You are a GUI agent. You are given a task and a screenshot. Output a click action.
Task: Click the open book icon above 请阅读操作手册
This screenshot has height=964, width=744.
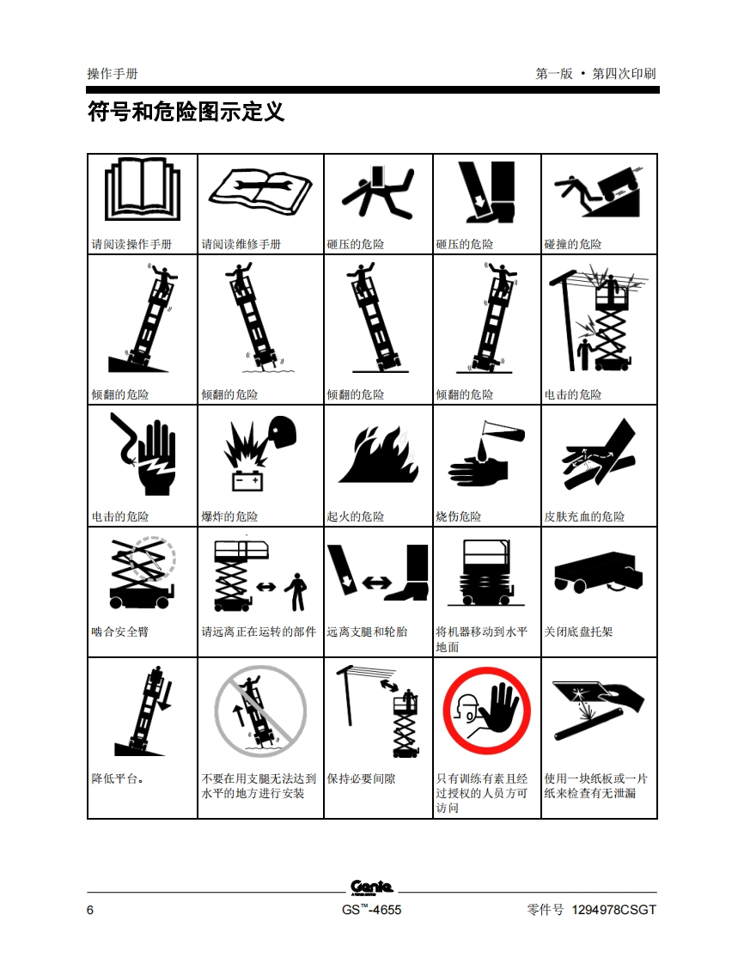click(143, 189)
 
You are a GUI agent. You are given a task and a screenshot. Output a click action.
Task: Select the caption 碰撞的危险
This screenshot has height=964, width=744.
click(572, 244)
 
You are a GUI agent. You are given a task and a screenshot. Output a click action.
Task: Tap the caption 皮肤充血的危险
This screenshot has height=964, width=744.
click(584, 516)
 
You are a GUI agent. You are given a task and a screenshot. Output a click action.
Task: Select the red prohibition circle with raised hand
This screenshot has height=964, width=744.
click(486, 711)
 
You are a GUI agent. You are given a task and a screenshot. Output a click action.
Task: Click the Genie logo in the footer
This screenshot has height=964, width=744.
click(371, 887)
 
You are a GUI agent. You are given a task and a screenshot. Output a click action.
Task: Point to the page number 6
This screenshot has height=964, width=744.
click(90, 910)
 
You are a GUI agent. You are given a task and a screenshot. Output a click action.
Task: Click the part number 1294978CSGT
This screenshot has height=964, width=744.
click(613, 910)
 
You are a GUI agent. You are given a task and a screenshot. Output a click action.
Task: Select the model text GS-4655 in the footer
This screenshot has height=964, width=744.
click(371, 910)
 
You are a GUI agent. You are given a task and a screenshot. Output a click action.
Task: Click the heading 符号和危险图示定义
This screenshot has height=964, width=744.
click(186, 112)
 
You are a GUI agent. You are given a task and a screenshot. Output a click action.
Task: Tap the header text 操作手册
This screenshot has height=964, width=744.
click(113, 74)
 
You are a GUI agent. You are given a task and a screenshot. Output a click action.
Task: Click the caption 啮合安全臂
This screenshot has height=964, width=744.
click(120, 631)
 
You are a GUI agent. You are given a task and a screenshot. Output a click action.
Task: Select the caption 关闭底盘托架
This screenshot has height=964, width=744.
click(578, 631)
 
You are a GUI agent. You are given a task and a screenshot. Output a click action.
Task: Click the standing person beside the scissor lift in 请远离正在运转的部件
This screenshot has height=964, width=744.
click(297, 592)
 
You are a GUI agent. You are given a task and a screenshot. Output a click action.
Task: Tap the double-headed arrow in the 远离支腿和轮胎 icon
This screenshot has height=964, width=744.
click(377, 582)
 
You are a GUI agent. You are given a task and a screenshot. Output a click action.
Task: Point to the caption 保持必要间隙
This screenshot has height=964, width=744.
click(361, 778)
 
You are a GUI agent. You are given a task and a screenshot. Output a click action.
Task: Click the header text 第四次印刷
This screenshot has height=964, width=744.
click(624, 74)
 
